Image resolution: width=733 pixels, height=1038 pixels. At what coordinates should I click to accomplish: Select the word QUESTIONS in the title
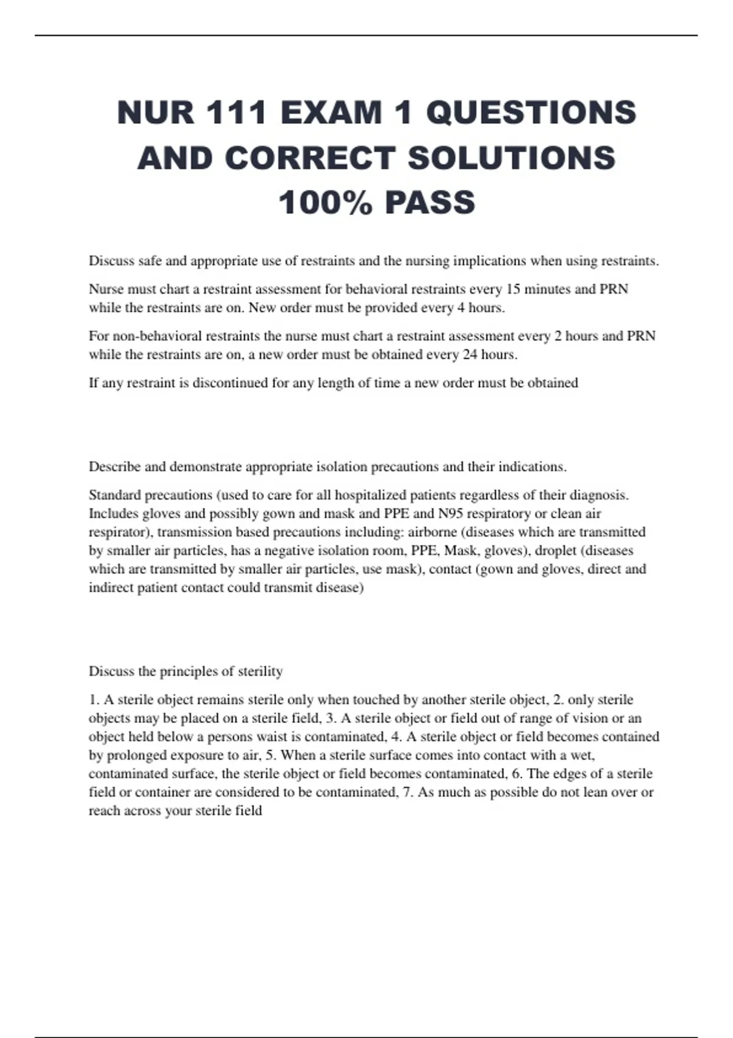pos(531,113)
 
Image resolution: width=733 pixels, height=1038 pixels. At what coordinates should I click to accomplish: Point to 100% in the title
pos(325,203)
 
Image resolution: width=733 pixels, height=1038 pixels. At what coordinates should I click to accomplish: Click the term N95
pos(450,514)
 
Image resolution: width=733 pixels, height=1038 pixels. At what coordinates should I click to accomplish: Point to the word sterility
pos(257,671)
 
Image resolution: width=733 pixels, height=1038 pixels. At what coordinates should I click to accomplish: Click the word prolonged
pos(136,755)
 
